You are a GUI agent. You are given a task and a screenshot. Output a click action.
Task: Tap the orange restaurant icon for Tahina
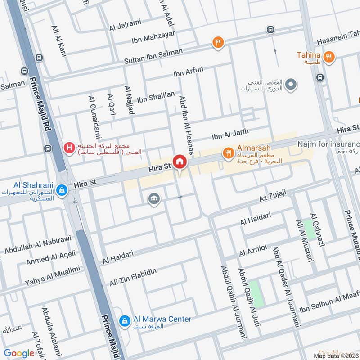click(329, 57)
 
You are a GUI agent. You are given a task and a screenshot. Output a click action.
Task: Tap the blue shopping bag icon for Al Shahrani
click(63, 191)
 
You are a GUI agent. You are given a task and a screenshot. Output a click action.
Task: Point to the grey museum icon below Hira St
click(154, 198)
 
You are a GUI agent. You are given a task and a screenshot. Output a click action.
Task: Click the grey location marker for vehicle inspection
click(291, 84)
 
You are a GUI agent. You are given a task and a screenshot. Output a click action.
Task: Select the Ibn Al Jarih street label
click(230, 134)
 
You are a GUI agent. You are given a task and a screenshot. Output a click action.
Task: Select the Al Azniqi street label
click(253, 250)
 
